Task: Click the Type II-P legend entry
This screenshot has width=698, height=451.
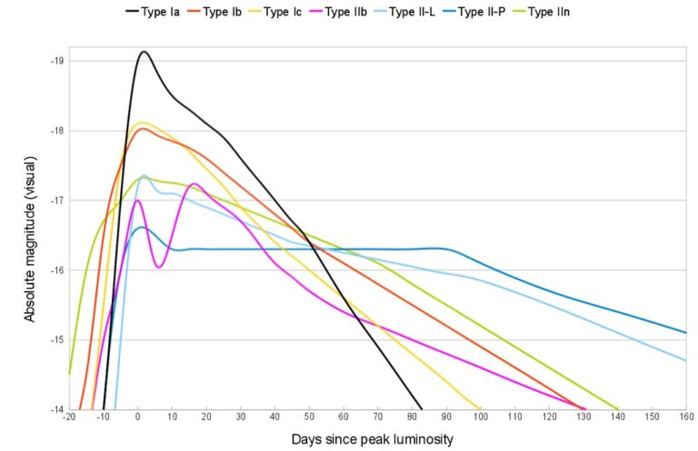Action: (x=511, y=12)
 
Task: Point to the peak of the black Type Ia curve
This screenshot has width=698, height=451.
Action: (x=144, y=52)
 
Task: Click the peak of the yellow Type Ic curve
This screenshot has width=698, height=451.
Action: (x=142, y=122)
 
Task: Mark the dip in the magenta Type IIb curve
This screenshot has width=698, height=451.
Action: (x=159, y=267)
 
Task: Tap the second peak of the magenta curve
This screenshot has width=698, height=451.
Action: (x=194, y=184)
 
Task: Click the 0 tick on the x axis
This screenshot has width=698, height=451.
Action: (x=137, y=418)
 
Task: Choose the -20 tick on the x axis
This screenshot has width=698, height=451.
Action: (x=69, y=418)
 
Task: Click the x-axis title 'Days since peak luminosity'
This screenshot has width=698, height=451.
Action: (x=373, y=439)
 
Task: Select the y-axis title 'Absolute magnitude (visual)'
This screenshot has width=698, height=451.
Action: (x=29, y=235)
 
